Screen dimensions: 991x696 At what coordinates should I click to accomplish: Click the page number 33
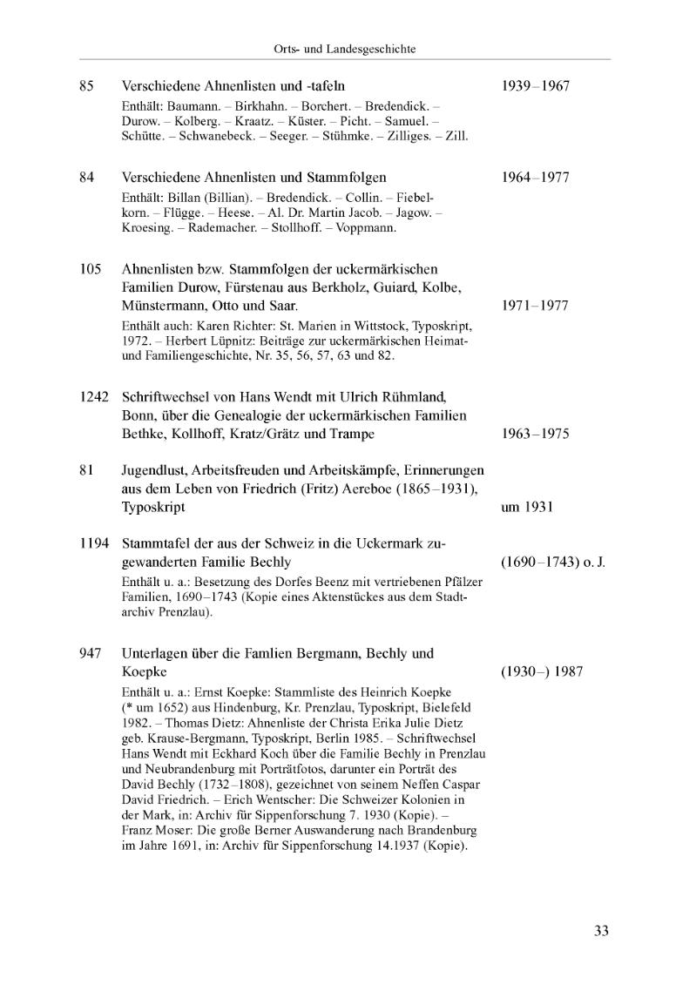click(x=601, y=931)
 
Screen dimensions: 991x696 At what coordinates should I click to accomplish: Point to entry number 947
click(x=90, y=653)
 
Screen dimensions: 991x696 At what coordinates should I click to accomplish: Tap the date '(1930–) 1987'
click(x=542, y=671)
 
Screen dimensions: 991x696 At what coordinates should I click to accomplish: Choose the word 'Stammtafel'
click(x=154, y=544)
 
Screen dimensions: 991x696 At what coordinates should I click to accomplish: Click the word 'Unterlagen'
click(x=154, y=653)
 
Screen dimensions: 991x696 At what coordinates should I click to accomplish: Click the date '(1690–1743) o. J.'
click(x=553, y=563)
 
